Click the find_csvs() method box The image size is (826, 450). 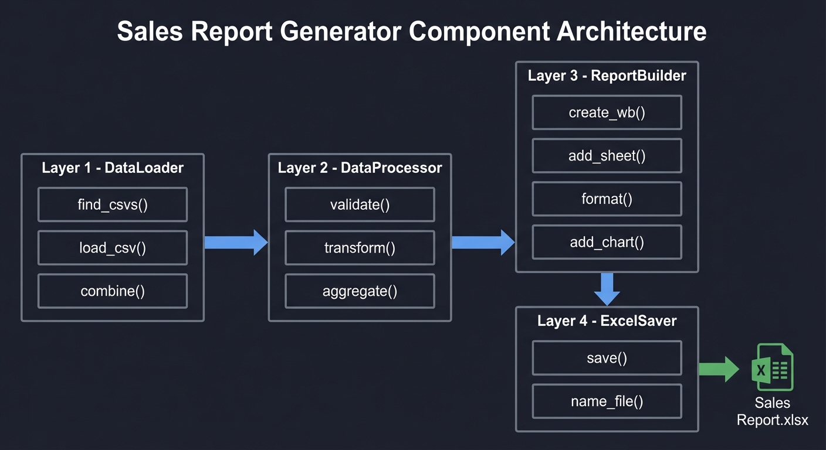[113, 204]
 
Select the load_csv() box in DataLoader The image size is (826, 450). [113, 248]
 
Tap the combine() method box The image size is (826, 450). [113, 291]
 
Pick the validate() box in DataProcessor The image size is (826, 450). [360, 204]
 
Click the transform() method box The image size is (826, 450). [360, 248]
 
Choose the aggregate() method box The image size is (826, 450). [360, 291]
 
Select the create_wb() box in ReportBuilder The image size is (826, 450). [607, 112]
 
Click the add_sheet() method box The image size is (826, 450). [607, 156]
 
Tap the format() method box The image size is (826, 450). [607, 199]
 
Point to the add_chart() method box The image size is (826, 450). [607, 242]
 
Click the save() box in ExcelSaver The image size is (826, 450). [607, 358]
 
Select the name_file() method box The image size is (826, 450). [607, 401]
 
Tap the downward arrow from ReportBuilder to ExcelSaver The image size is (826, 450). [607, 289]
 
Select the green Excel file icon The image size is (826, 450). [772, 367]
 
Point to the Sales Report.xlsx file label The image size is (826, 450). [772, 411]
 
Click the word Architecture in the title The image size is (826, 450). [631, 32]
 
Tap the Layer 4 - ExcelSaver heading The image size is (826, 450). [607, 321]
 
